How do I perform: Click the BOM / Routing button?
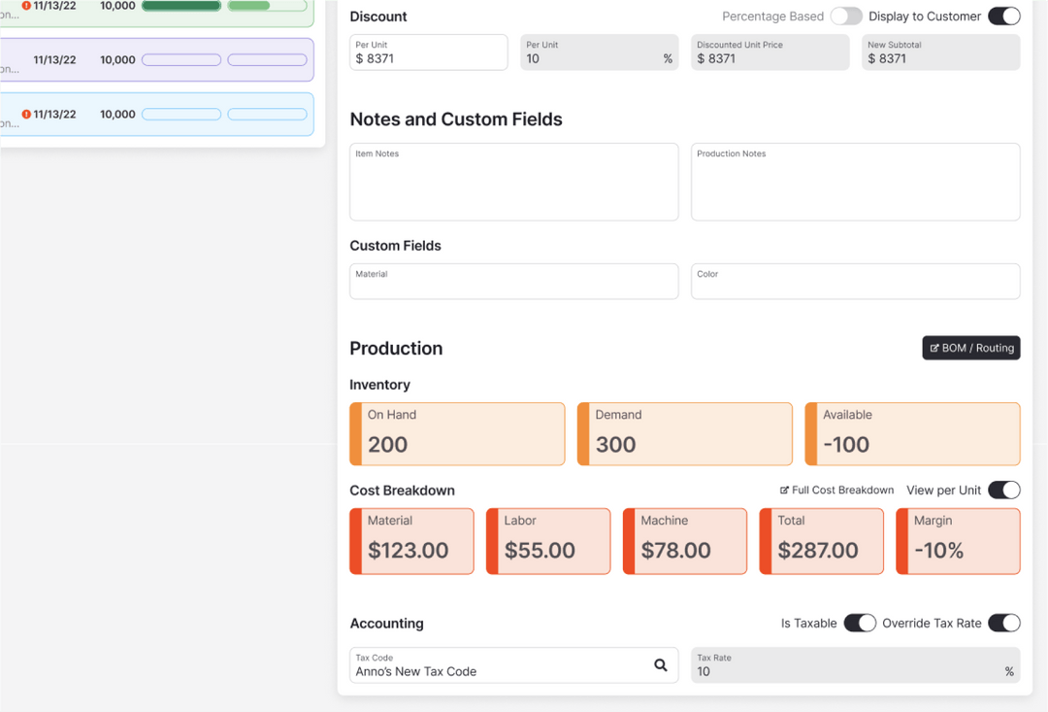pos(970,348)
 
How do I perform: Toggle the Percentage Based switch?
pos(845,17)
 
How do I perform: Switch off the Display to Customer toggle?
pos(1003,17)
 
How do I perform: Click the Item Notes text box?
pos(513,183)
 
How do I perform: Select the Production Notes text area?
pos(855,183)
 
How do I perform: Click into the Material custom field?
pos(513,282)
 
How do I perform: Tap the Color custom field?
pos(855,282)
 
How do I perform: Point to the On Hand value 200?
pos(387,445)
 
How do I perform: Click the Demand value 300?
pos(615,445)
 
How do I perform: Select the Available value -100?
pos(846,445)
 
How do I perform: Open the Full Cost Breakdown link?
pos(836,491)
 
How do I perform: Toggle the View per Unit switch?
pos(1003,491)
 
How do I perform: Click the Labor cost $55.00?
pos(540,551)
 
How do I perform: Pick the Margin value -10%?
pos(938,551)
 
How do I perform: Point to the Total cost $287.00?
pos(817,551)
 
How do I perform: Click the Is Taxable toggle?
pos(859,624)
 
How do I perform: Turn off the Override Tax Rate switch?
pos(1003,624)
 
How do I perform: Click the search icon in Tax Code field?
pos(660,665)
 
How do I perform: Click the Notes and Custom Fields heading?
pos(456,119)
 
